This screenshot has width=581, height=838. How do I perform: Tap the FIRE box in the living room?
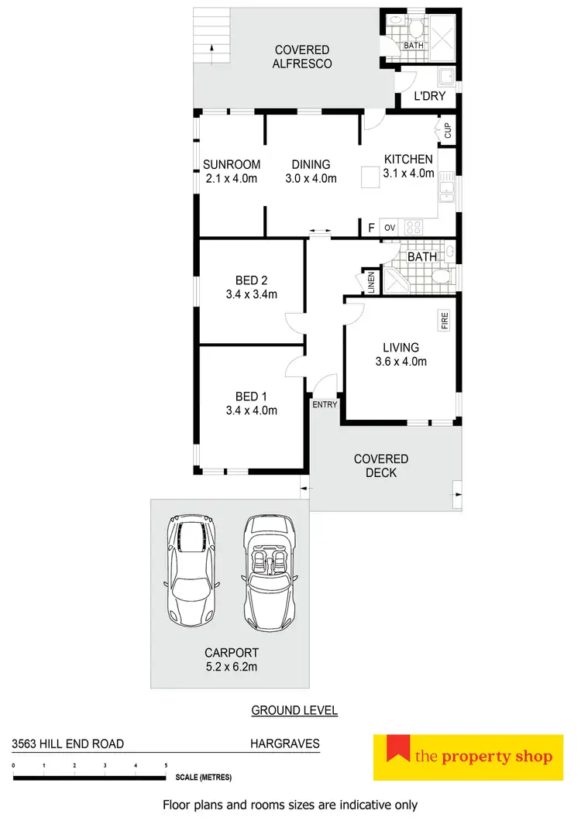(445, 321)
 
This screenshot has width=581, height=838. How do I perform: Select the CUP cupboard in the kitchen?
(447, 129)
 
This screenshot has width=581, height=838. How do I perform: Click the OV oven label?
(390, 228)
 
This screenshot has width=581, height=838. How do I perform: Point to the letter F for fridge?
(371, 228)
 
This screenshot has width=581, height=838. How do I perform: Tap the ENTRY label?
(324, 405)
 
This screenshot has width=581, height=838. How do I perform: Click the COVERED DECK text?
(380, 465)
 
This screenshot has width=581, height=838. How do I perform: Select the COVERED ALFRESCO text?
(302, 57)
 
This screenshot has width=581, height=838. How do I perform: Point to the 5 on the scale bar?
(166, 766)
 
